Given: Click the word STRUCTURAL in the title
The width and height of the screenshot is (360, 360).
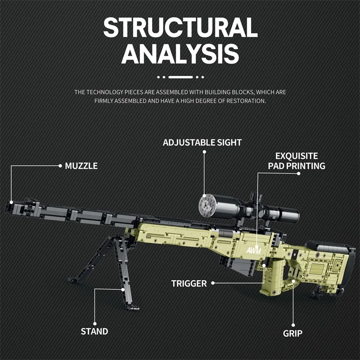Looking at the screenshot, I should tap(180, 28).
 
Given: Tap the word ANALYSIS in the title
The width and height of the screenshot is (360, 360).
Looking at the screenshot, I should tap(180, 54).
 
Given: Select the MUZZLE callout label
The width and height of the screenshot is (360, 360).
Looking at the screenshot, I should tap(81, 166).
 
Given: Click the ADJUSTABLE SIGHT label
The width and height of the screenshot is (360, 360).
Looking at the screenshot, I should tap(202, 142).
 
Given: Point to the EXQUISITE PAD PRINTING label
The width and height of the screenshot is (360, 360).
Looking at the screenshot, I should tap(297, 161).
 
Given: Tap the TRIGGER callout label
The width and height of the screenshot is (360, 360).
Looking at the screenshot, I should tap(189, 283).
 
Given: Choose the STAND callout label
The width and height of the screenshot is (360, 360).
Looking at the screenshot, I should tap(94, 332).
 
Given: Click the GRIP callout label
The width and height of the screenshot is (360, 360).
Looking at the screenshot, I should tap(292, 333).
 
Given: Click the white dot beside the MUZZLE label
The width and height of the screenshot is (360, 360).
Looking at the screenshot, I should tap(60, 166).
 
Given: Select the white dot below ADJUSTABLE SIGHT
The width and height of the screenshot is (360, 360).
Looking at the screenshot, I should tap(204, 152).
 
